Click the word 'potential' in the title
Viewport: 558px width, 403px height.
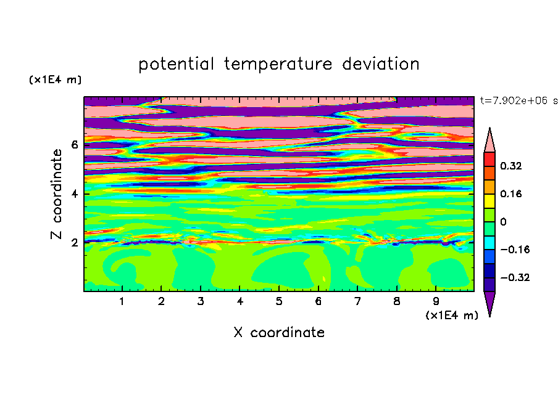click(x=176, y=64)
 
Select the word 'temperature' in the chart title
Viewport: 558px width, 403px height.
click(x=278, y=64)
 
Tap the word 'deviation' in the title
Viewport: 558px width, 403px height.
click(x=381, y=64)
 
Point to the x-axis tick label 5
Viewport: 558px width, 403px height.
click(x=279, y=301)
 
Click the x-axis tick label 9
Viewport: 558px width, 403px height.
click(x=436, y=301)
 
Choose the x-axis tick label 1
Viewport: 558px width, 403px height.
click(x=122, y=301)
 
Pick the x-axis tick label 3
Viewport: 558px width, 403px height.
click(x=201, y=301)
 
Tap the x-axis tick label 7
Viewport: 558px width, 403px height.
click(x=357, y=301)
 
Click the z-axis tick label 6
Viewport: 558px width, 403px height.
click(x=74, y=145)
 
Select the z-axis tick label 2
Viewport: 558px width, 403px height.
click(x=74, y=243)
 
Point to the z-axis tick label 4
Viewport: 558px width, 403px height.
click(x=74, y=194)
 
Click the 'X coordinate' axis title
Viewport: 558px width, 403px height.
click(x=279, y=332)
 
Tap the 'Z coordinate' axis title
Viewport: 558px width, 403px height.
click(x=56, y=193)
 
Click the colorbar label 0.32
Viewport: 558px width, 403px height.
click(x=511, y=166)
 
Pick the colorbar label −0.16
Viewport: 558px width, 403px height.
click(x=515, y=250)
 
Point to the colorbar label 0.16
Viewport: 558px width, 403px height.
click(x=511, y=193)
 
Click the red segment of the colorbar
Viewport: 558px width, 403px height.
click(x=489, y=159)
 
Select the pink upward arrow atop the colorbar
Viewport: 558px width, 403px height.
click(x=489, y=140)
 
